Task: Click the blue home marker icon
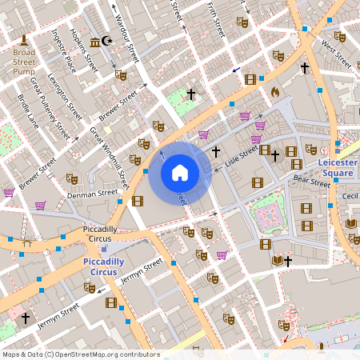(x=180, y=173)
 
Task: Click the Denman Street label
(x=93, y=194)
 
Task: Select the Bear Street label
(x=311, y=183)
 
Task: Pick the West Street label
(x=336, y=54)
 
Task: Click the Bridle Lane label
(x=28, y=111)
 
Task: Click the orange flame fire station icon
(x=275, y=93)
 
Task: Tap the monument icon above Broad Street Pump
(x=24, y=40)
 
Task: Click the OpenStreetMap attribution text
(x=81, y=354)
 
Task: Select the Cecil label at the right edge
(x=350, y=196)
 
